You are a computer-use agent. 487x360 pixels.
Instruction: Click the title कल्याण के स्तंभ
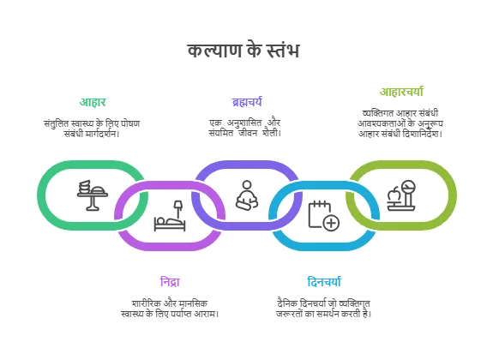tap(243, 51)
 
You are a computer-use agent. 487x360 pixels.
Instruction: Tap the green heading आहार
tap(93, 102)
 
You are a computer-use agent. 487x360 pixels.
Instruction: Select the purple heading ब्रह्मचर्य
tap(247, 102)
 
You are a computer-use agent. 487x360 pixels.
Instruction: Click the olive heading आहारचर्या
tap(401, 92)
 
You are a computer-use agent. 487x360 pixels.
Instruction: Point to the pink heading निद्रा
tap(170, 282)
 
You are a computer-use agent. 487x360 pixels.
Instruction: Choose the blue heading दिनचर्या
tap(324, 282)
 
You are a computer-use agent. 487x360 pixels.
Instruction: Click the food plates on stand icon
tap(93, 195)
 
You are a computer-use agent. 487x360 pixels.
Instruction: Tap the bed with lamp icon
tap(170, 216)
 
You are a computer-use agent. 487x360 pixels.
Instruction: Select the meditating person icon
tap(247, 195)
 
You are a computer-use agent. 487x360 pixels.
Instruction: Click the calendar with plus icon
tap(324, 216)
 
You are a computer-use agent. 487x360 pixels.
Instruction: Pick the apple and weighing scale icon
tap(401, 195)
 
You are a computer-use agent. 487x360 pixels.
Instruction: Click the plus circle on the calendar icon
tap(331, 223)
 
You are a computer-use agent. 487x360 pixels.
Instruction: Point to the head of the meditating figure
tap(247, 184)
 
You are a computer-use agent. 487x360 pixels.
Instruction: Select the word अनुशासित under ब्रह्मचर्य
tap(244, 123)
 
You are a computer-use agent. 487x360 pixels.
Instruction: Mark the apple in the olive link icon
tap(394, 195)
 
